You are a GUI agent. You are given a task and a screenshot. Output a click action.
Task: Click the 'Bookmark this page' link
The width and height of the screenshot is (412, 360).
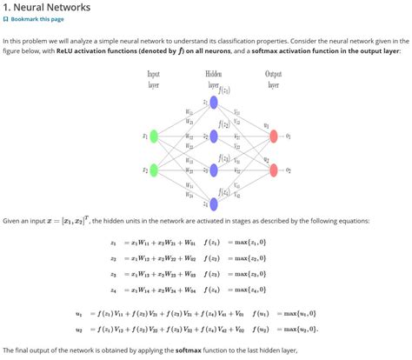[x=36, y=19]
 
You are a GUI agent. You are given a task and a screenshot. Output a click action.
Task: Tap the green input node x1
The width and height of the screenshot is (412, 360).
[x=154, y=136]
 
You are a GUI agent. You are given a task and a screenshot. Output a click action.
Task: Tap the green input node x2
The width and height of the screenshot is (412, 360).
[x=154, y=170]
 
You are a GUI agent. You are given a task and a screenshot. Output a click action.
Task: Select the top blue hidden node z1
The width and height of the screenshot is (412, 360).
[x=214, y=103]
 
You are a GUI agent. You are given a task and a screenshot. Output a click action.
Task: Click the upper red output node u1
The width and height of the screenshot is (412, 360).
[x=274, y=136]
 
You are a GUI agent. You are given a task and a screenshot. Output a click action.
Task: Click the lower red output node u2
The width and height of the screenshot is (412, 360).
[x=274, y=170]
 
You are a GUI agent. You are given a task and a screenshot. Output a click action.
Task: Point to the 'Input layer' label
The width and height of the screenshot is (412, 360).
[x=154, y=79]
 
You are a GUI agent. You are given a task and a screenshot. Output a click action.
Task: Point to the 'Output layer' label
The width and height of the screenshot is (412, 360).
[x=273, y=79]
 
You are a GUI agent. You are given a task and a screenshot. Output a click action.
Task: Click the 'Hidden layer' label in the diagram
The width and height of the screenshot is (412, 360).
[x=213, y=79]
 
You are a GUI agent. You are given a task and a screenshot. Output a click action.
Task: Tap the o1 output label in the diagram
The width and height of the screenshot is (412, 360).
[x=299, y=136]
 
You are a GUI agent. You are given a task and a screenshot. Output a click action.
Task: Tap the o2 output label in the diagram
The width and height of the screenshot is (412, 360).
[x=299, y=170]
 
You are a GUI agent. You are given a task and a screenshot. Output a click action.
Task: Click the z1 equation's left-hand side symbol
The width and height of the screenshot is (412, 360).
[x=113, y=242]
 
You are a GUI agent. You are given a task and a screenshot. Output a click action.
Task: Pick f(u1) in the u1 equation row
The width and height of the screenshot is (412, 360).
[x=258, y=313]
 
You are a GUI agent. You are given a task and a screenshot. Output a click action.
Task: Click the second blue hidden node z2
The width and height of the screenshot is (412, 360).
[x=214, y=136]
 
